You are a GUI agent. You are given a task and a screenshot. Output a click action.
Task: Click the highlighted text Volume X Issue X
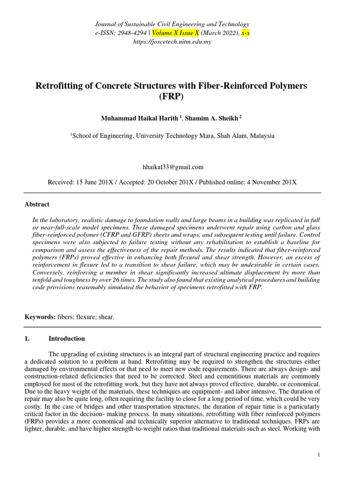tap(172, 33)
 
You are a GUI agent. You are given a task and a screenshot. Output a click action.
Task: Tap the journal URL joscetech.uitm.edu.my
tap(172, 42)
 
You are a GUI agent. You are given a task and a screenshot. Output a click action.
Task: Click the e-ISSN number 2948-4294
tap(127, 33)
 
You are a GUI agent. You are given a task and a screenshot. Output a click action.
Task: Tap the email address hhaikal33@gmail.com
tap(172, 166)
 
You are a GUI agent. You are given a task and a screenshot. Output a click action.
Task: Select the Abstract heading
tap(37, 204)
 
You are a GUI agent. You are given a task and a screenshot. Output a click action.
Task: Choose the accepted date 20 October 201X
tap(172, 181)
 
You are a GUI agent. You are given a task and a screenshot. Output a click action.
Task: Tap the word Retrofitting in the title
tap(60, 86)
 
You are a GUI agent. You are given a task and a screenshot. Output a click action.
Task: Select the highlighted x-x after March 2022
tap(246, 33)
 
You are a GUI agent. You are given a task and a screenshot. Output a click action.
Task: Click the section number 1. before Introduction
tap(27, 338)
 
